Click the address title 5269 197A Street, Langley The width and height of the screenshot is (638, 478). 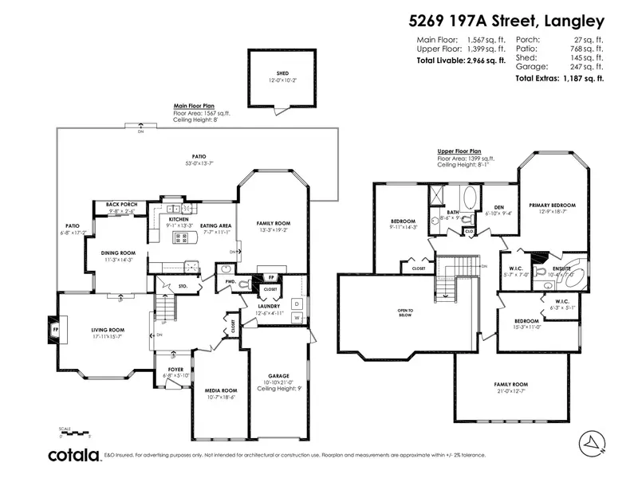[515, 22]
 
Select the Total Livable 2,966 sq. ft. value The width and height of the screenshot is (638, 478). [461, 60]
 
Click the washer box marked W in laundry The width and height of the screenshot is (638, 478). [297, 319]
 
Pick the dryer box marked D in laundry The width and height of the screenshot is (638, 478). [297, 303]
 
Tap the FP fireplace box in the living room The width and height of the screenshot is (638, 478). [56, 327]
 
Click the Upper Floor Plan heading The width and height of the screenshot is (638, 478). [459, 151]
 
